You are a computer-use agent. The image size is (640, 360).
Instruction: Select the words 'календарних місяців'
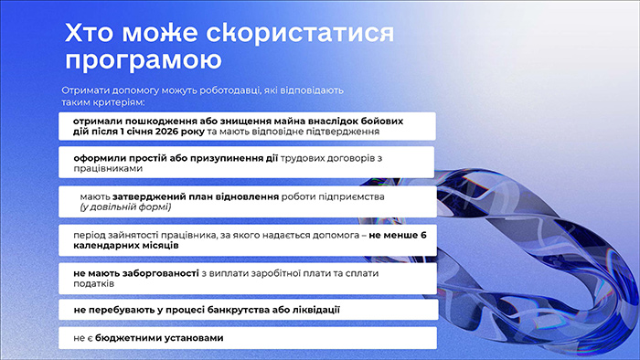pos(126,247)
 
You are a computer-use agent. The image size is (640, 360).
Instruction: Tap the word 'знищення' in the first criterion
pos(250,121)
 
